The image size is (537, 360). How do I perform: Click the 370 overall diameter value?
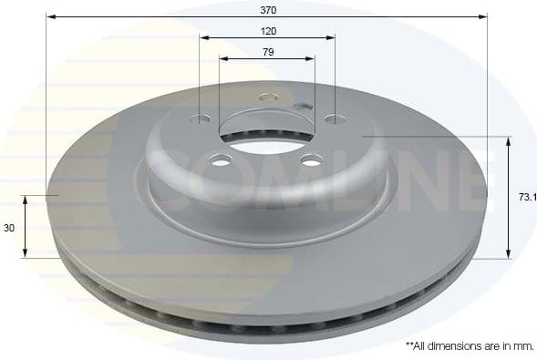pyautogui.click(x=267, y=9)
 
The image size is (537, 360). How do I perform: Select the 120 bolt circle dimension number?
pyautogui.click(x=267, y=30)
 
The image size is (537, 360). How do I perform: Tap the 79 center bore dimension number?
pyautogui.click(x=267, y=51)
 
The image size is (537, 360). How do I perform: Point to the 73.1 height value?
pyautogui.click(x=526, y=196)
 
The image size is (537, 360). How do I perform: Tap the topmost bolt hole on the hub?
pyautogui.click(x=267, y=97)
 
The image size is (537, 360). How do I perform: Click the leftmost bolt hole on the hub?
pyautogui.click(x=202, y=118)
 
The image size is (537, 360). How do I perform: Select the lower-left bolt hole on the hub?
pyautogui.click(x=219, y=160)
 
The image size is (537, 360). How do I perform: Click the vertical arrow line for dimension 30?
pyautogui.click(x=26, y=226)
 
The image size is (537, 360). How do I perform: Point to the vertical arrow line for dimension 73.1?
pyautogui.click(x=509, y=197)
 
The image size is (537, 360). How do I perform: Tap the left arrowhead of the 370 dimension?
pyautogui.click(x=51, y=16)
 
